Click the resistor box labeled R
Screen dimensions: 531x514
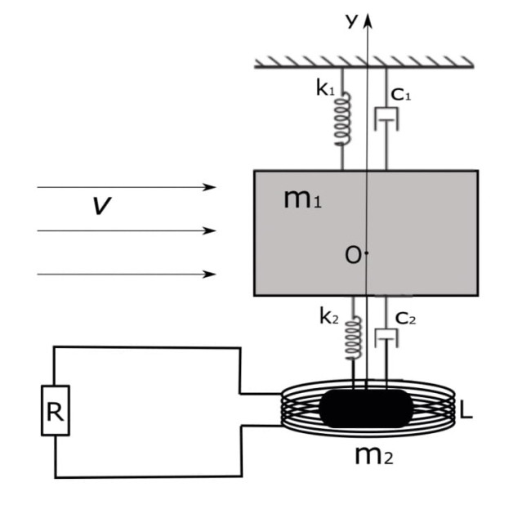point(56,410)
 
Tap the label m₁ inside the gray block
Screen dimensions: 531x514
point(302,199)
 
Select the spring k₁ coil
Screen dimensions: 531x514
point(343,119)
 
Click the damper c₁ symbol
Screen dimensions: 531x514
point(386,119)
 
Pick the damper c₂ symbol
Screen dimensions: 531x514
point(386,338)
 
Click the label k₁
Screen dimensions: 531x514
point(325,87)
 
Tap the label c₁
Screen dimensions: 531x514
point(400,95)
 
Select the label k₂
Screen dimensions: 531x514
point(329,316)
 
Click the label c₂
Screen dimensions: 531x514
point(405,319)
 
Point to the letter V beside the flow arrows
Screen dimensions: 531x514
point(101,206)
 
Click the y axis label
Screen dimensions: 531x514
point(352,20)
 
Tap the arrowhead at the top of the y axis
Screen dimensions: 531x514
point(368,20)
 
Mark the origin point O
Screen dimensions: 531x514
point(367,253)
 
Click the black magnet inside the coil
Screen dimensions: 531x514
point(367,409)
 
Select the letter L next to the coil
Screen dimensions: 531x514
point(466,409)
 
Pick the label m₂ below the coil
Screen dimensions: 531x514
point(374,456)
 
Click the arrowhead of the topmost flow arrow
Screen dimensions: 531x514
point(209,187)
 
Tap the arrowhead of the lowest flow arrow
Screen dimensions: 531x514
point(209,274)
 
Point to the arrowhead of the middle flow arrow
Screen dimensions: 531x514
point(209,230)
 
